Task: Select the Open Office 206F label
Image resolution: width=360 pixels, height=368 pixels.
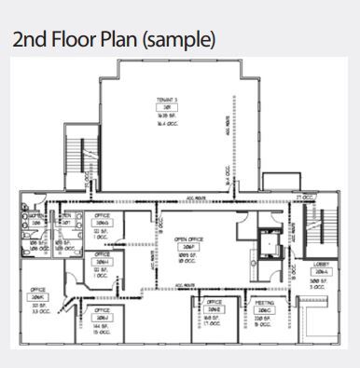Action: coord(189,244)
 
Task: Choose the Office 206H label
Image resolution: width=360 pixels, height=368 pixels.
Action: coord(104,263)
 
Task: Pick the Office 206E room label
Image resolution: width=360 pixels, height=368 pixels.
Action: coord(214,306)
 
